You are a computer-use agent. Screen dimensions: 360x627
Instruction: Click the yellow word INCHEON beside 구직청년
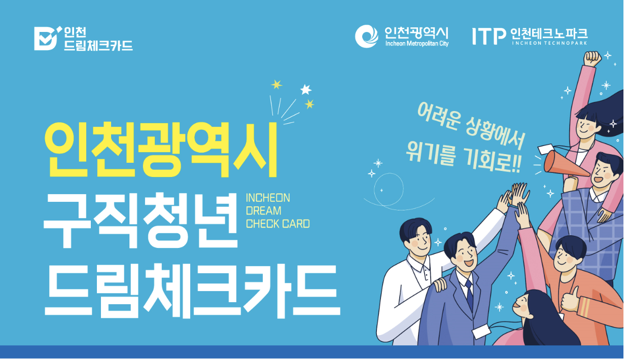268,198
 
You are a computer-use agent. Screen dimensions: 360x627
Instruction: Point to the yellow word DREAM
263,211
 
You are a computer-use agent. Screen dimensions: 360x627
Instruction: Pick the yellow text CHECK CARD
277,224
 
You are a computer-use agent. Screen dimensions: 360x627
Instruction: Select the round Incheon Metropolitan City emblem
367,36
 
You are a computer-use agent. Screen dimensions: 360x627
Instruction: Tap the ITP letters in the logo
489,35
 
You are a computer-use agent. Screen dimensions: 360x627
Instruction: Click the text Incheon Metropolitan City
416,44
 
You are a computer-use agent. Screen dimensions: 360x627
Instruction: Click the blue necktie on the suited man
469,295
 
